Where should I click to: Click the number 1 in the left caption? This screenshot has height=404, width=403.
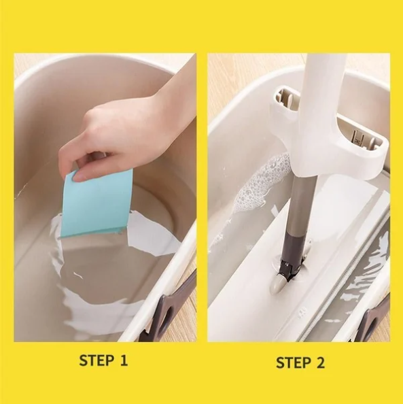pyautogui.click(x=124, y=360)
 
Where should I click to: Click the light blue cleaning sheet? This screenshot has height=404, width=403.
pyautogui.click(x=97, y=203)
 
